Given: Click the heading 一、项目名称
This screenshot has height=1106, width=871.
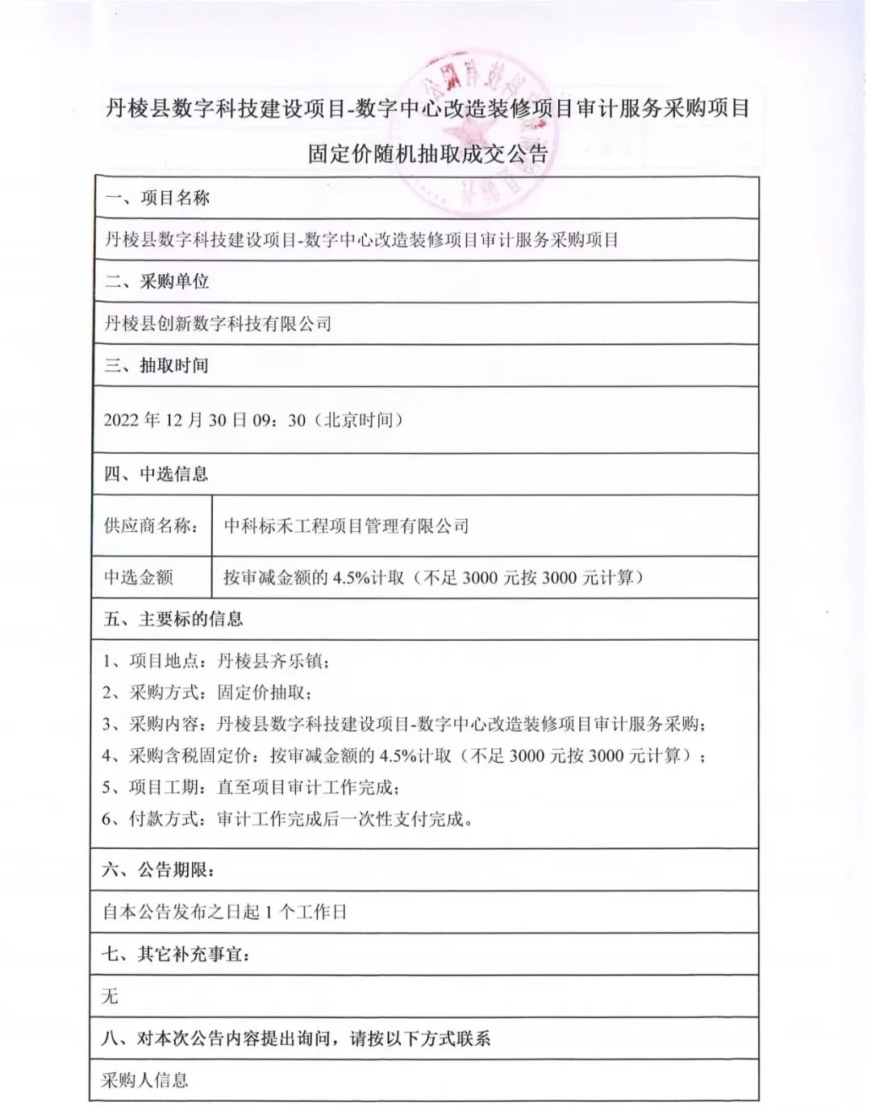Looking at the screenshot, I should [157, 198].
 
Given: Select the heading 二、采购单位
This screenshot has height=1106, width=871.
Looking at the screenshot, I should [157, 281].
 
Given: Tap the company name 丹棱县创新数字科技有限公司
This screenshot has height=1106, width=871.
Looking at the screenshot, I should [218, 324].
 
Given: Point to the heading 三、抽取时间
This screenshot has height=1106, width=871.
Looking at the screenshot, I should [156, 366].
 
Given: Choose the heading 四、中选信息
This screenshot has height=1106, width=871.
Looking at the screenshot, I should [156, 474].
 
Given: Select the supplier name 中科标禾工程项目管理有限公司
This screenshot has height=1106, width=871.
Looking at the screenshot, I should [346, 526].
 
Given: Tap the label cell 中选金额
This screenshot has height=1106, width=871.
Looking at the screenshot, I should [139, 577].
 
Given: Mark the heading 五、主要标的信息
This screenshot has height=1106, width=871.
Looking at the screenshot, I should [173, 619].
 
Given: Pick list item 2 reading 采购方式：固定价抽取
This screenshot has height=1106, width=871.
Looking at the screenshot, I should [206, 692].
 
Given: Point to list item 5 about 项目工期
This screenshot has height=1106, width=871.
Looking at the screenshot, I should [250, 788].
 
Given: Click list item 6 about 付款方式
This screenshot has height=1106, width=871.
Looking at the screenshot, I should [286, 819].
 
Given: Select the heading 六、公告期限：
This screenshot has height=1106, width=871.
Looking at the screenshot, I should [159, 871].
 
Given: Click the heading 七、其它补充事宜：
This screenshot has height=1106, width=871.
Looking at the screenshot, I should [176, 954].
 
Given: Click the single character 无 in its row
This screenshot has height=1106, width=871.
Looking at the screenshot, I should [110, 997].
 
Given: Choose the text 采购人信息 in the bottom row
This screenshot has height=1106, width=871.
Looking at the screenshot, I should [144, 1080].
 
